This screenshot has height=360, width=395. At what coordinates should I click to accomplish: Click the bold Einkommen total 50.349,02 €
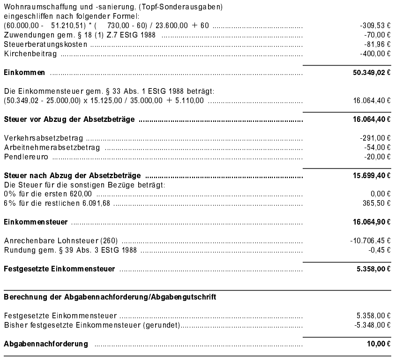pos(372,73)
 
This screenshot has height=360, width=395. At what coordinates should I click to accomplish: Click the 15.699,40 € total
pos(372,175)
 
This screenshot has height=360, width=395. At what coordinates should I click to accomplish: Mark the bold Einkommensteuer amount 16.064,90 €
pos(372,221)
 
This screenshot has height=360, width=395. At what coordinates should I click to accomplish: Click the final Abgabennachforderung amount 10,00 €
pos(378,345)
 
